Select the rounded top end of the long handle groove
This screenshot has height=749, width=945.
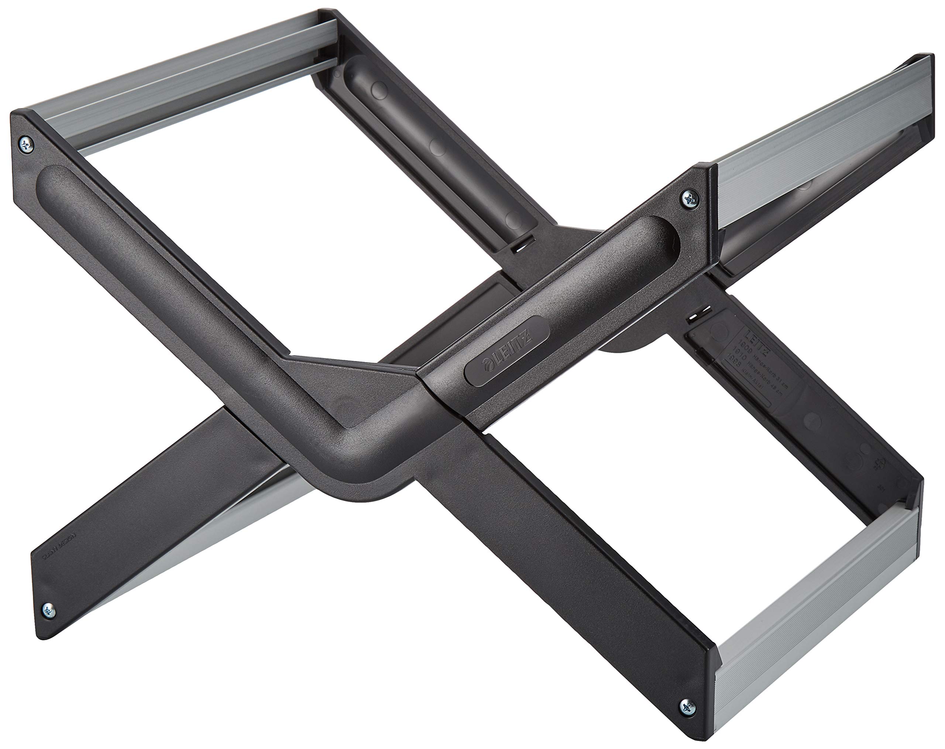(x=55, y=176)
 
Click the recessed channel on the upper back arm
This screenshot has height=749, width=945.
(x=434, y=145)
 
